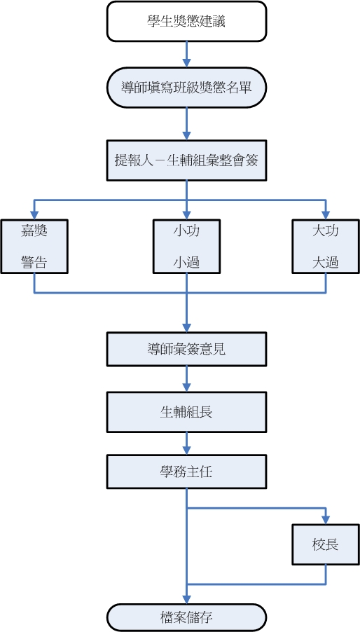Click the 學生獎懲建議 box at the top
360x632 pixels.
186,21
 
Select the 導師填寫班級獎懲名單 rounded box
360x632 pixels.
186,88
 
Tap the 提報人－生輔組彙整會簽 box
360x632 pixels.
186,160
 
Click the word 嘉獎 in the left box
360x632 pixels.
34,230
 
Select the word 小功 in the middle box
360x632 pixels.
186,230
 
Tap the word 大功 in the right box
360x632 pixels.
326,230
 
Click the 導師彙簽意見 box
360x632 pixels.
186,349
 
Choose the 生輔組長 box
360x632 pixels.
186,411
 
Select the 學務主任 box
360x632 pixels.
186,472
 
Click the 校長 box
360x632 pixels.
326,544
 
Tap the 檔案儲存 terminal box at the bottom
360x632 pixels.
186,618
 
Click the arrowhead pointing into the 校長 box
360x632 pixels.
326,520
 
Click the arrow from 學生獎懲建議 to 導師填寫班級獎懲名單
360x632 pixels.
186,53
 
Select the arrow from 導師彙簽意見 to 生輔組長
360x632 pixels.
186,378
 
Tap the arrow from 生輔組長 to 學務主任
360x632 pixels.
186,443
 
